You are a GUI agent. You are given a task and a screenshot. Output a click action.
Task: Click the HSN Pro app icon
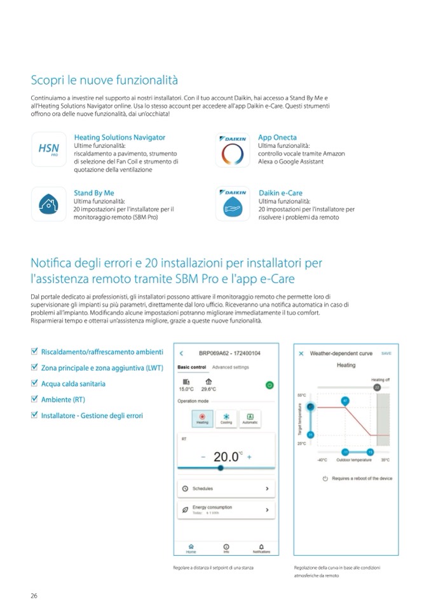[48, 149]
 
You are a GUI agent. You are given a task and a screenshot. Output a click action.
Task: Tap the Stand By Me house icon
[48, 204]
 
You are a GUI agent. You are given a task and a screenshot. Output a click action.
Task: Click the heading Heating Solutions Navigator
[120, 137]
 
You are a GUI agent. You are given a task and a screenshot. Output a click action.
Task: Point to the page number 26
[34, 595]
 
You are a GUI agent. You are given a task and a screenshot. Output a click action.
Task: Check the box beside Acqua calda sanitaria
[34, 384]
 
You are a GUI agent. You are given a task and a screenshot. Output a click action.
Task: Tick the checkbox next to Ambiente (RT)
[34, 399]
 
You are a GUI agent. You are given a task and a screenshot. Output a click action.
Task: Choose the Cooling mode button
[226, 418]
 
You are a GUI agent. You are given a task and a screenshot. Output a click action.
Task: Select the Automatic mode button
[250, 418]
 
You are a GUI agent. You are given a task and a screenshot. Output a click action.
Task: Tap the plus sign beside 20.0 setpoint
[249, 457]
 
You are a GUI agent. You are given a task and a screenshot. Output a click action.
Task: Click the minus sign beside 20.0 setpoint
[203, 457]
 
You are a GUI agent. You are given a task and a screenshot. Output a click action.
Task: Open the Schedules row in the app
[226, 488]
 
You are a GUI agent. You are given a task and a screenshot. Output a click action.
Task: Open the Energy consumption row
[226, 509]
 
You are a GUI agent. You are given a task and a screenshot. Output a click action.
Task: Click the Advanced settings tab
[230, 367]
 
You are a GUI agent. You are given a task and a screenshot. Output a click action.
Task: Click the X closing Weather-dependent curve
[301, 353]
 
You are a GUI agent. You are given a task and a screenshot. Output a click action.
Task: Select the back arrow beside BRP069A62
[181, 353]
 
